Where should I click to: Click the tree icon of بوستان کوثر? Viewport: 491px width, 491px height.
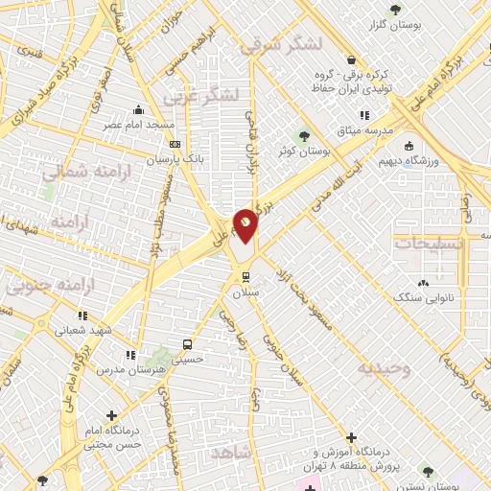(305, 135)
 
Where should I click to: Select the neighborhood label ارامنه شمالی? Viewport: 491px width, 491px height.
(78, 172)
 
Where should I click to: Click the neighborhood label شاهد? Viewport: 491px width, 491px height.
(232, 452)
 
